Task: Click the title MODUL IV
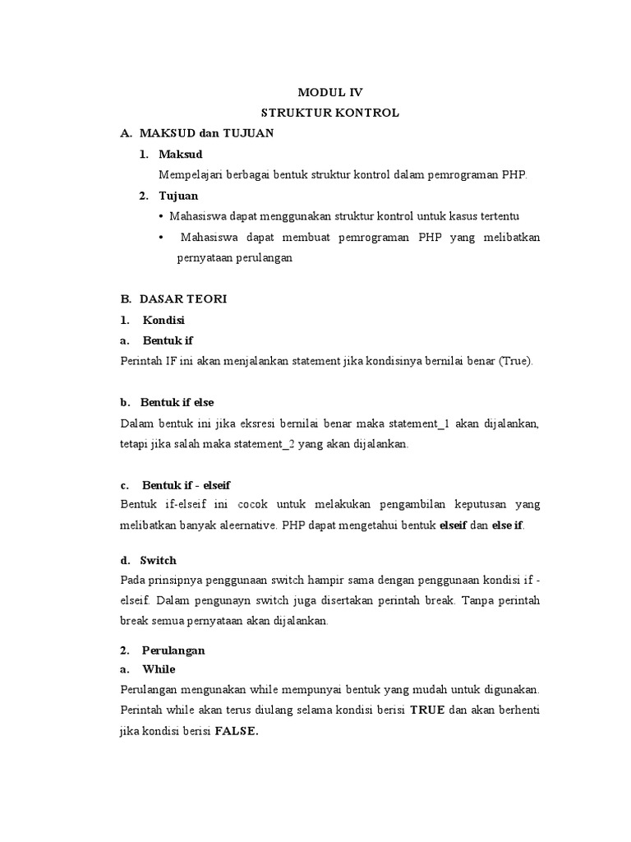[329, 93]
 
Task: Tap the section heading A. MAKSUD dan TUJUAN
[197, 133]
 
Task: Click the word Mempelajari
[190, 174]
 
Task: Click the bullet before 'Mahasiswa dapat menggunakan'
[160, 216]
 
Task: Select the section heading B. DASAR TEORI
[173, 299]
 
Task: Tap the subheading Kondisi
[164, 320]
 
